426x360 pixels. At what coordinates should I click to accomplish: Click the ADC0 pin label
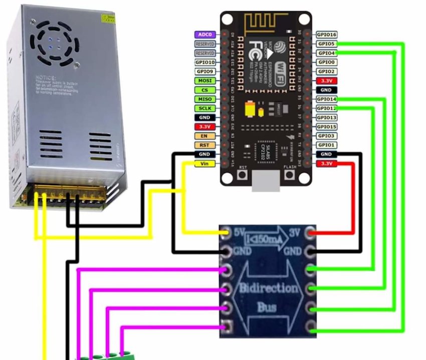tap(204, 35)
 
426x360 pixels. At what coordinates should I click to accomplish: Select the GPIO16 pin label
tap(326, 35)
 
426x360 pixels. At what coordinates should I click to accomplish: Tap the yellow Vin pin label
tap(204, 164)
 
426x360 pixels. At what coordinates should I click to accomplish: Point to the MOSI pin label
tap(204, 81)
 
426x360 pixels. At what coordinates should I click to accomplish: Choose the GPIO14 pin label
tap(326, 99)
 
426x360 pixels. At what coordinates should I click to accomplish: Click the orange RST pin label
tap(204, 145)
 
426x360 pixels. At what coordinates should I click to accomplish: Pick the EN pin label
tap(204, 136)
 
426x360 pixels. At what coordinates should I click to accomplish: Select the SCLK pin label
tap(204, 108)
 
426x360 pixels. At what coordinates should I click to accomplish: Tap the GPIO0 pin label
tap(326, 62)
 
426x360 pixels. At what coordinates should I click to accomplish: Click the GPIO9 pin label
tap(204, 72)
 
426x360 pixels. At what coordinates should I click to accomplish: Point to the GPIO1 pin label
tap(326, 145)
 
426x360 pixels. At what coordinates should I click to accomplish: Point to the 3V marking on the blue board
tap(296, 233)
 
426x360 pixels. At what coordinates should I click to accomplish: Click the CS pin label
tap(204, 90)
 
